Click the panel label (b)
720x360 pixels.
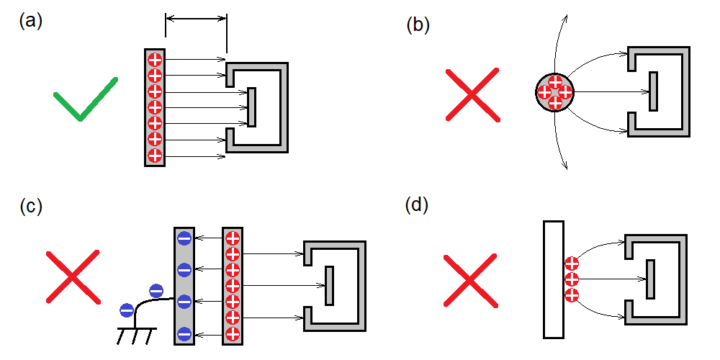(418, 25)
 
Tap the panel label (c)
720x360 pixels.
(31, 206)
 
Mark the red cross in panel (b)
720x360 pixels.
(472, 94)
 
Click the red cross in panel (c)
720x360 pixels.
(72, 276)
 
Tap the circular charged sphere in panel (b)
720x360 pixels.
(555, 92)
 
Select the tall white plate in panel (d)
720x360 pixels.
(553, 279)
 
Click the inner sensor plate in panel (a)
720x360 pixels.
(251, 107)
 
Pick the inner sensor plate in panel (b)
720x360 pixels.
(653, 91)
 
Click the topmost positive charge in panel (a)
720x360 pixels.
(155, 59)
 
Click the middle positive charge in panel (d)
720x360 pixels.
(572, 279)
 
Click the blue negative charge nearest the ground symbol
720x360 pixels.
(127, 311)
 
